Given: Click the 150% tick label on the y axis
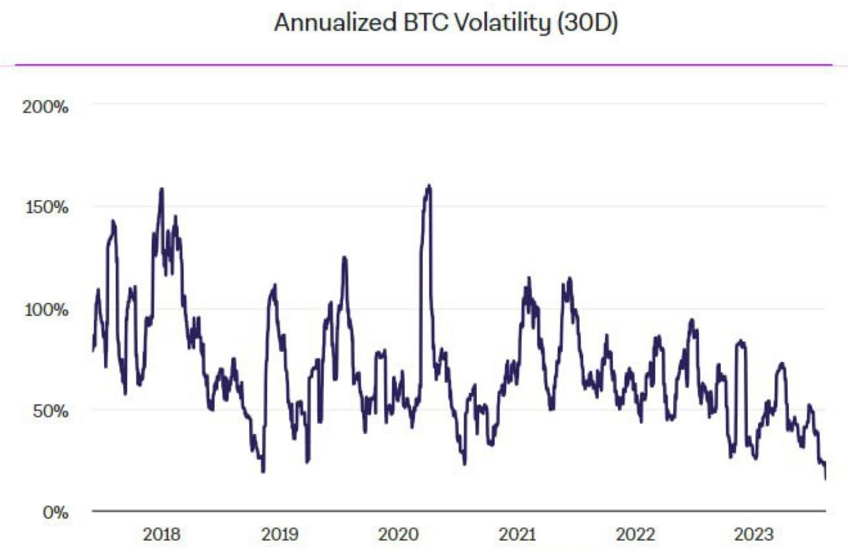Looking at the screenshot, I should pyautogui.click(x=46, y=207).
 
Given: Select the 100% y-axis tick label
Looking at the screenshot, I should pyautogui.click(x=46, y=309).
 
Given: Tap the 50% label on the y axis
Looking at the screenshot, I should pyautogui.click(x=50, y=411).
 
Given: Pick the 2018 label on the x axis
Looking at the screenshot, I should pyautogui.click(x=162, y=534).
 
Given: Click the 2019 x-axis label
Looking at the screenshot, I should pyautogui.click(x=280, y=534).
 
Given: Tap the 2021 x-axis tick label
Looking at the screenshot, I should pyautogui.click(x=517, y=534).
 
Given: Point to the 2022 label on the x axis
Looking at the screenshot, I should pyautogui.click(x=635, y=534).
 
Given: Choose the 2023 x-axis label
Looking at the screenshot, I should pyautogui.click(x=754, y=534).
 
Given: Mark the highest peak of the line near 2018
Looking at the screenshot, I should pyautogui.click(x=161, y=189).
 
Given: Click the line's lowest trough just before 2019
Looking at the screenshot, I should pyautogui.click(x=263, y=471).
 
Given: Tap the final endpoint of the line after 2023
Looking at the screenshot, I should pyautogui.click(x=825, y=478).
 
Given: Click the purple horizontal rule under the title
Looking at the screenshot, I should pyautogui.click(x=423, y=65).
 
